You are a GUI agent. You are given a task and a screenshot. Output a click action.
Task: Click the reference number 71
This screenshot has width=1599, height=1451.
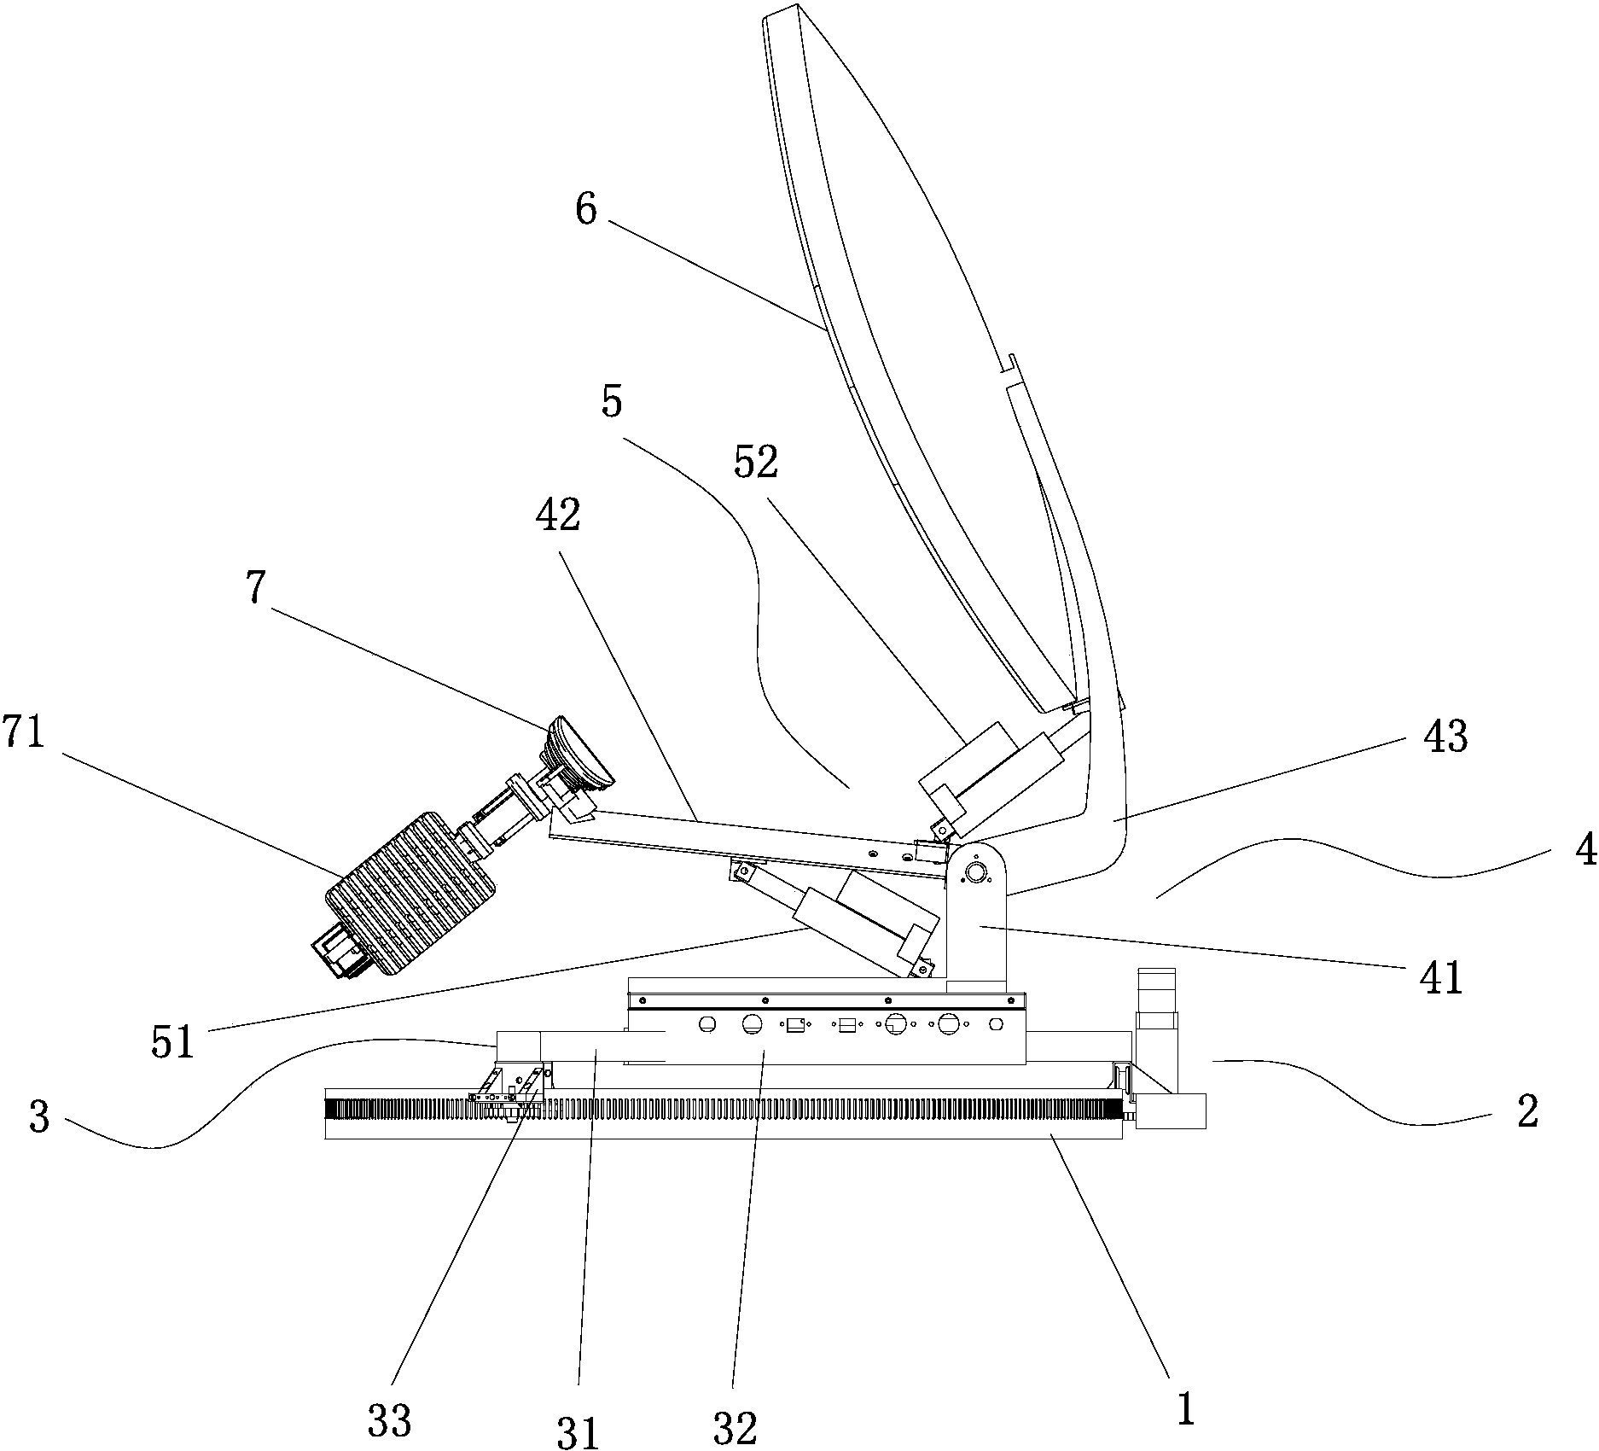[x=23, y=733]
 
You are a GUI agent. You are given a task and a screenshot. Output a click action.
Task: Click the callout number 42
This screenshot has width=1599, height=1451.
[x=558, y=515]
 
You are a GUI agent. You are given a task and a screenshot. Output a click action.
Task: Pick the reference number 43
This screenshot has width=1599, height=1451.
[x=1445, y=737]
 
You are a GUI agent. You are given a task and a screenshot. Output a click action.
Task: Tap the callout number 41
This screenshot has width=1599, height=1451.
[x=1441, y=979]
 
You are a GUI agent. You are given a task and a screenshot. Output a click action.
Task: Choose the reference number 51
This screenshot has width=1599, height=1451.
[x=173, y=1041]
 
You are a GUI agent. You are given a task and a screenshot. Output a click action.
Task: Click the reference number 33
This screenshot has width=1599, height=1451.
[x=390, y=1421]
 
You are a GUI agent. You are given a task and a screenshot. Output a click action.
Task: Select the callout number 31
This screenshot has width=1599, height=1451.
[x=579, y=1431]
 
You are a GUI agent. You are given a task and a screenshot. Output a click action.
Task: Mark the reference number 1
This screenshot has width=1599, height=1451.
[x=1185, y=1410]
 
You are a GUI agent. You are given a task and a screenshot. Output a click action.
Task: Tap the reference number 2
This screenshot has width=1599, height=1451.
[x=1526, y=1112]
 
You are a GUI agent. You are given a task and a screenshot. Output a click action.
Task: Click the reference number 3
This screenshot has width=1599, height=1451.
[x=39, y=1118]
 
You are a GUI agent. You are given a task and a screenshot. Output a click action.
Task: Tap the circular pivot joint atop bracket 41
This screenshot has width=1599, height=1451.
[x=973, y=871]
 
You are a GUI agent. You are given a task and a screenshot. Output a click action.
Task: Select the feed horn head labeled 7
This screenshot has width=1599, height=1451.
[x=581, y=753]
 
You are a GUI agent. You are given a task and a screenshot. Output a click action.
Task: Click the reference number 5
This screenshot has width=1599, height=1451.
[x=611, y=403]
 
